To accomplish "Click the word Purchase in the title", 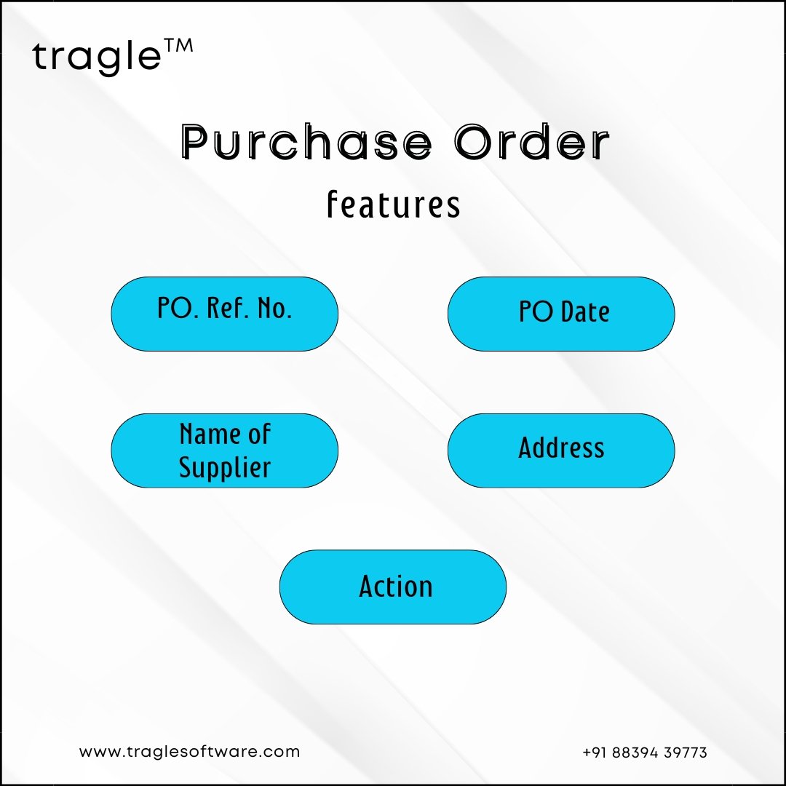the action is pos(306,142).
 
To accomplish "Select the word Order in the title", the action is pos(532,142).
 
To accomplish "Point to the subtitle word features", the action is pos(394,205).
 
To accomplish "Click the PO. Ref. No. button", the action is pos(225,314).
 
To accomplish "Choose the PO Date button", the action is pos(561,314).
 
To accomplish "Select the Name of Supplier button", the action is pos(225,450).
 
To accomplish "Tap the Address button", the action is pos(561,450).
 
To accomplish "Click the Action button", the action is pos(393,587).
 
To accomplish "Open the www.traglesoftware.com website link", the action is pos(189,752).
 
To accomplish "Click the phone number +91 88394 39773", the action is pos(645,753).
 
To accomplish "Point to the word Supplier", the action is pos(225,468).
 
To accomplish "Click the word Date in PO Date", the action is pos(585,311).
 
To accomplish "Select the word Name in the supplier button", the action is pos(207,434).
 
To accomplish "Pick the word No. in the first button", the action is pos(274,308).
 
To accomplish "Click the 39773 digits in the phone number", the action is pos(686,753).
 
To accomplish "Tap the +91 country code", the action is pos(595,753).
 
